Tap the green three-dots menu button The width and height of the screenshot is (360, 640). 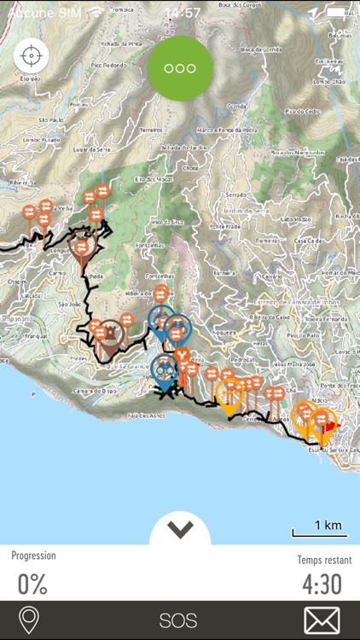[x=179, y=68]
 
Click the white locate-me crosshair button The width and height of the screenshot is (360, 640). [x=32, y=56]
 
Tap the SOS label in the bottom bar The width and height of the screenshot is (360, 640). [x=178, y=620]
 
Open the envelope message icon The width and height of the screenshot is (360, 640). [x=322, y=620]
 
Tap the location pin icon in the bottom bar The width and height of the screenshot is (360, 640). [x=28, y=620]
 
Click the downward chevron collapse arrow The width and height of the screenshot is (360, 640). [x=180, y=530]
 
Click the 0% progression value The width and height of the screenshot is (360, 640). [x=32, y=584]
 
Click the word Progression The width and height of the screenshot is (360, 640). [x=33, y=556]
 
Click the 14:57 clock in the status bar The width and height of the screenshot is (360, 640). [x=183, y=13]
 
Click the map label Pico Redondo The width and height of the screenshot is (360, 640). [x=109, y=65]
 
